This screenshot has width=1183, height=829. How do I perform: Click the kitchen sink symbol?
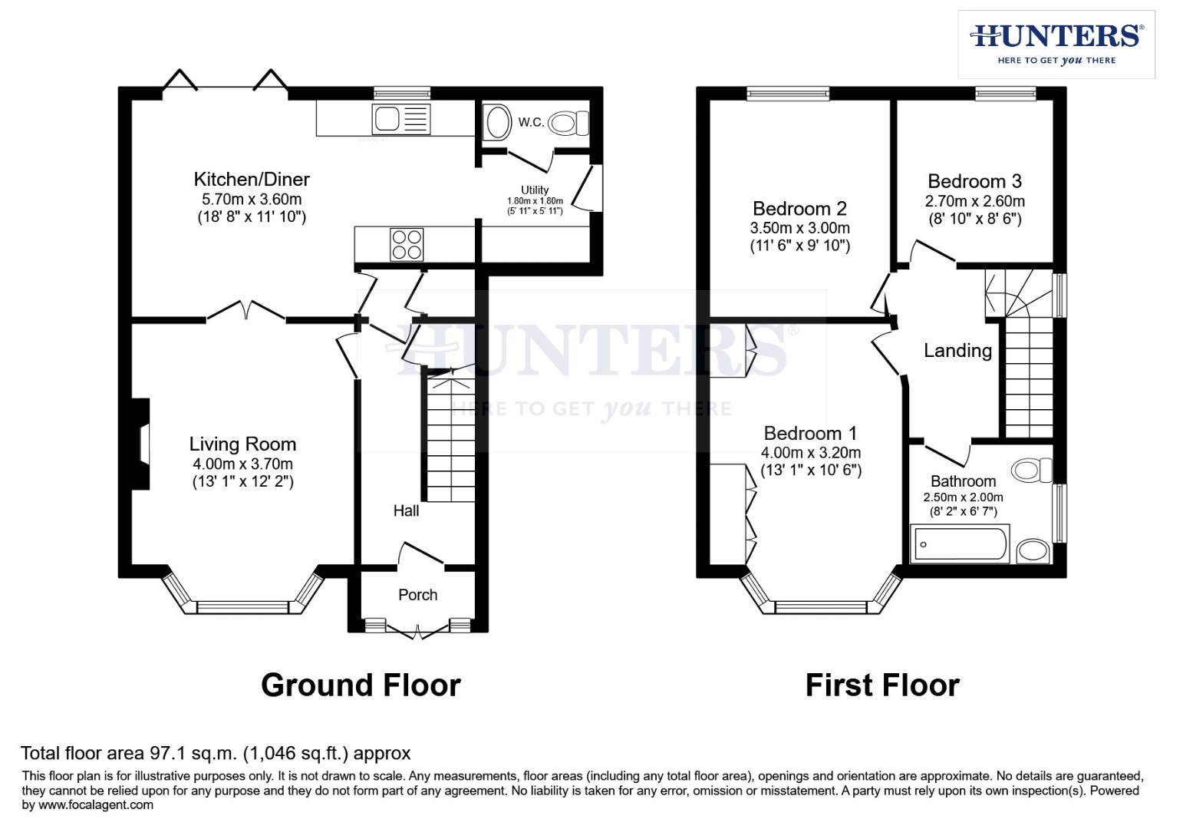[400, 120]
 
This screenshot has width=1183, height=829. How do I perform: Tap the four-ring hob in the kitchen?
[407, 244]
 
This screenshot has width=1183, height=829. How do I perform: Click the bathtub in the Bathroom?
[959, 544]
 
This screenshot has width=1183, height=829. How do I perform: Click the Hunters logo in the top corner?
[1056, 44]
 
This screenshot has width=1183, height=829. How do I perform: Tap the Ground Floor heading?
[361, 685]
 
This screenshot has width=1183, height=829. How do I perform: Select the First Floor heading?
[881, 685]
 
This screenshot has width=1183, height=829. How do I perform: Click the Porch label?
[417, 595]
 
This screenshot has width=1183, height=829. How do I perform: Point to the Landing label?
[957, 351]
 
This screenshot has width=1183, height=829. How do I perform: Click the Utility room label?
[535, 190]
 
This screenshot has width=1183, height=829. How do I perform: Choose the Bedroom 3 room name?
[974, 181]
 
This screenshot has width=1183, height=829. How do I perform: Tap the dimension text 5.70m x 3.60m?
[252, 199]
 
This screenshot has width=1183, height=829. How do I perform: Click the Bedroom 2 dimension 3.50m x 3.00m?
[799, 228]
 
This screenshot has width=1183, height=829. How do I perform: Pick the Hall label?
[406, 510]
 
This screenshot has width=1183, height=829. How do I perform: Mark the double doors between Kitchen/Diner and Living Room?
[246, 310]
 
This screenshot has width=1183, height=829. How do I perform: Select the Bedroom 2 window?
[788, 94]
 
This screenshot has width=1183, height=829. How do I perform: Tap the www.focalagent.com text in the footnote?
[95, 805]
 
